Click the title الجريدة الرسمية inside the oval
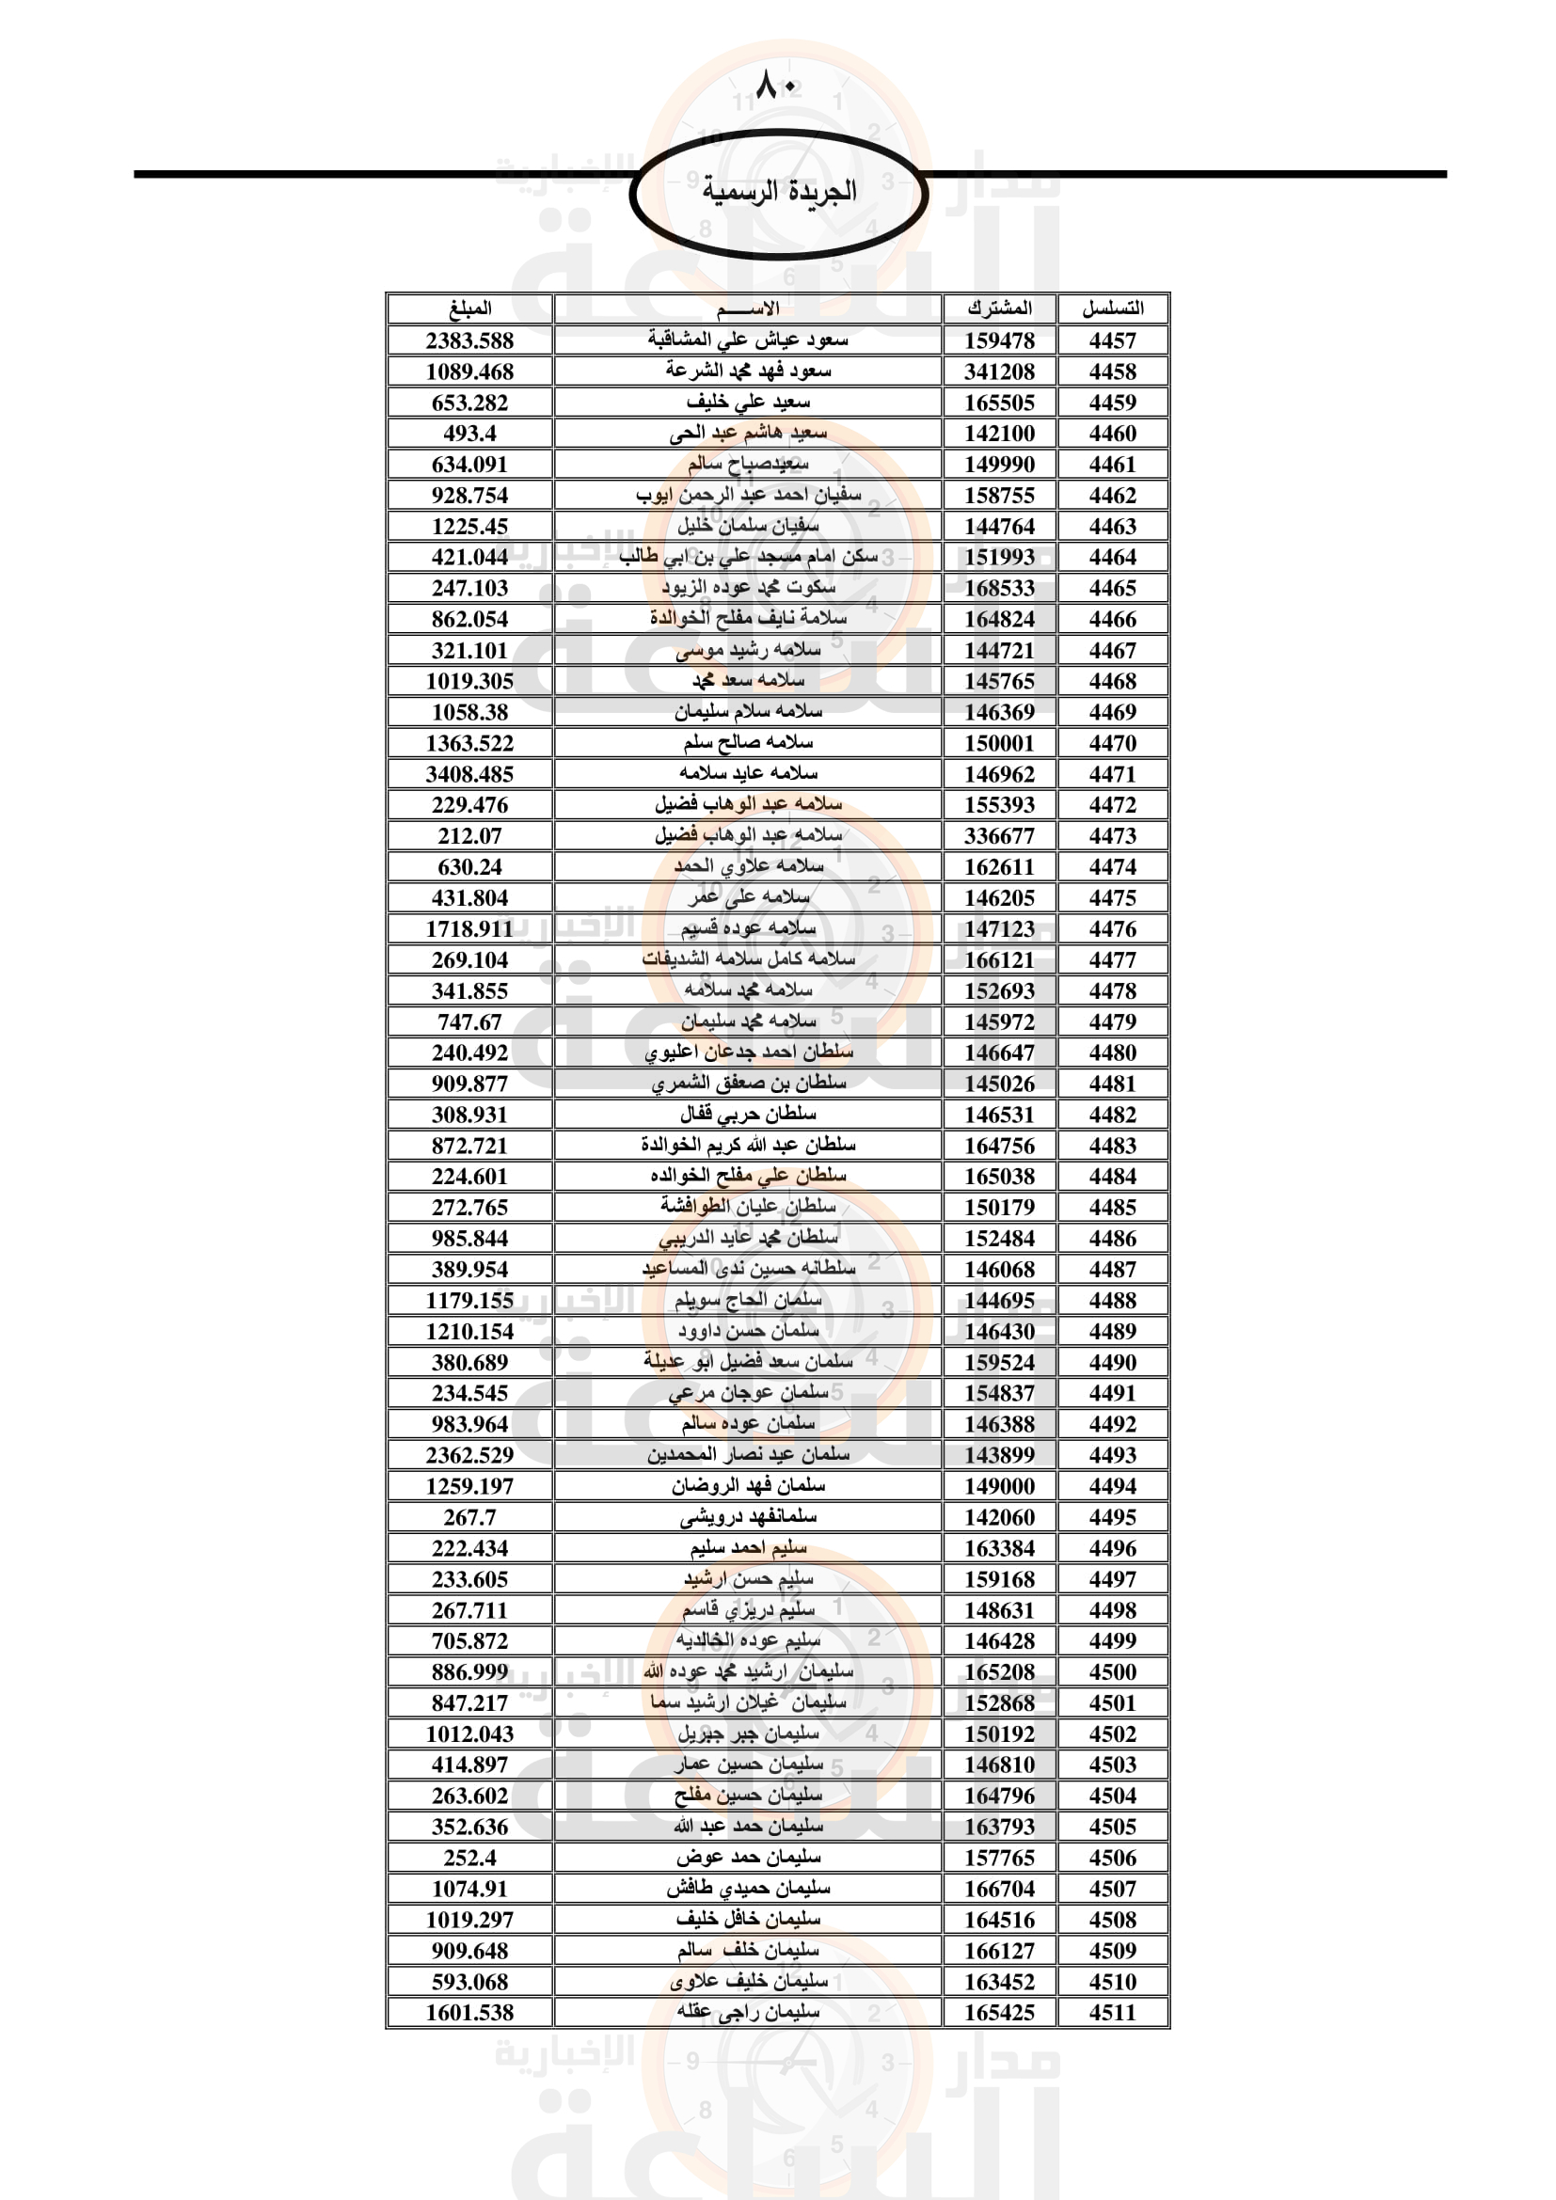(x=779, y=191)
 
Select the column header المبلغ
(x=469, y=309)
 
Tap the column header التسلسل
(x=1112, y=309)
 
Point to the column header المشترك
(x=999, y=309)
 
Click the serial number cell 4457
(x=1112, y=340)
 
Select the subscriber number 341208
(x=999, y=372)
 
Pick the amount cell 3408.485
(x=469, y=774)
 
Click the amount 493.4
(x=469, y=433)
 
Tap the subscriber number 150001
(x=999, y=744)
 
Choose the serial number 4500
(x=1112, y=1672)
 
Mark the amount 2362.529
(x=469, y=1454)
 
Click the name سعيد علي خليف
(x=748, y=403)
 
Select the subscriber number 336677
(x=999, y=835)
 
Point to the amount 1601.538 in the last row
(x=469, y=2012)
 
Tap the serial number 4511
(x=1112, y=2012)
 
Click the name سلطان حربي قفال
(x=748, y=1115)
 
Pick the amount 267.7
(x=469, y=1517)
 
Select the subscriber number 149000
(x=999, y=1486)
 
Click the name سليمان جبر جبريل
(x=748, y=1733)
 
